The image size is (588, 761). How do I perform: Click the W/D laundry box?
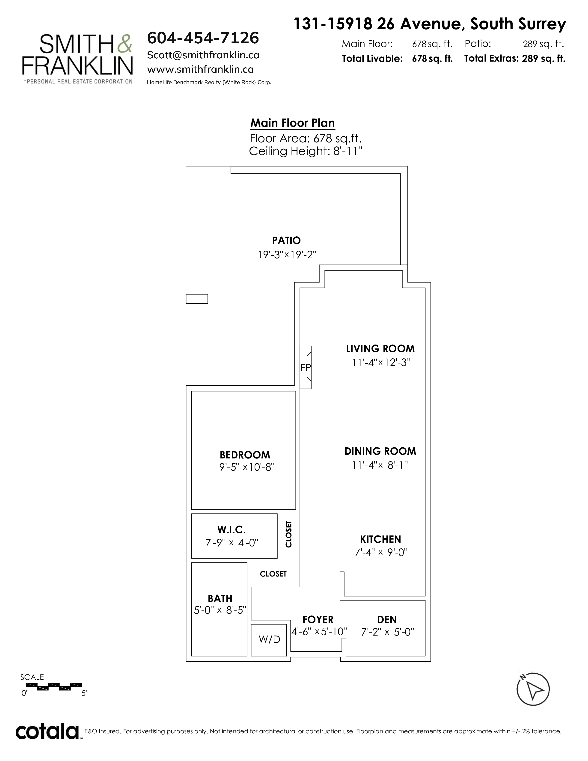pyautogui.click(x=269, y=639)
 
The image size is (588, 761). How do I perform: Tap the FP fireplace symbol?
pyautogui.click(x=306, y=367)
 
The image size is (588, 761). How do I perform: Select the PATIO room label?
pyautogui.click(x=286, y=241)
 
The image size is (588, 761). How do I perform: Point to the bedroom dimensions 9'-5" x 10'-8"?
pyautogui.click(x=247, y=467)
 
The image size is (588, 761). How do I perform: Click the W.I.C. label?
pyautogui.click(x=232, y=530)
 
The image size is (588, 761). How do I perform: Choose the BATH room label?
pyautogui.click(x=220, y=598)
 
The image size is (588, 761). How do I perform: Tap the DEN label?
pyautogui.click(x=387, y=620)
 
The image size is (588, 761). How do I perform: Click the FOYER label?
pyautogui.click(x=318, y=620)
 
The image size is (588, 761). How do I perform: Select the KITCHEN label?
pyautogui.click(x=380, y=539)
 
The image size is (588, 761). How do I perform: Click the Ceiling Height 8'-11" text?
pyautogui.click(x=306, y=151)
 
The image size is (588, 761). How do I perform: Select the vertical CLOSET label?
pyautogui.click(x=288, y=534)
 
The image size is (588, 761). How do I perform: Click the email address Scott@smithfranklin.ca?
pyautogui.click(x=203, y=55)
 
